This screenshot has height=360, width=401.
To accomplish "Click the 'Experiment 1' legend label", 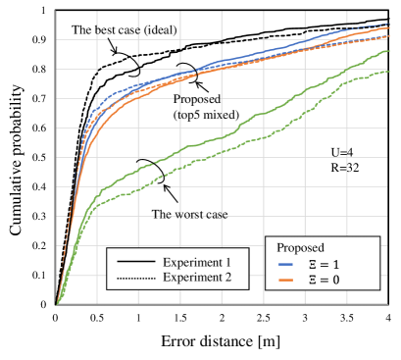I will pyautogui.click(x=197, y=263).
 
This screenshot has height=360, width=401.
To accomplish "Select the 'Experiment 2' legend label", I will pyautogui.click(x=197, y=278).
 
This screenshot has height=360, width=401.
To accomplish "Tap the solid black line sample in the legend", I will pyautogui.click(x=136, y=263).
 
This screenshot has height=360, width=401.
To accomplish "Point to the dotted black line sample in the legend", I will pyautogui.click(x=136, y=279).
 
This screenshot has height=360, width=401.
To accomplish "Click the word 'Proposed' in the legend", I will pyautogui.click(x=300, y=247).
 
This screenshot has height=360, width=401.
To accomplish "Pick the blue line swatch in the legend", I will pyautogui.click(x=286, y=265).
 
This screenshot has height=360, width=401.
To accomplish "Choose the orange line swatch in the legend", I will pyautogui.click(x=286, y=280).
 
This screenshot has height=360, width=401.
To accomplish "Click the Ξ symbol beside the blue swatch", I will pyautogui.click(x=313, y=265).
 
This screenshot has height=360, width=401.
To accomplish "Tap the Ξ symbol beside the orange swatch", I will pyautogui.click(x=313, y=280).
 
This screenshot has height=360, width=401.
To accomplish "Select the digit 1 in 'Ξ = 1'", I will pyautogui.click(x=336, y=265).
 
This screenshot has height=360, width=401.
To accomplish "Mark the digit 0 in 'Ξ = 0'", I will pyautogui.click(x=336, y=280).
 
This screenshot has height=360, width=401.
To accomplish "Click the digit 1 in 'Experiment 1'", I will pyautogui.click(x=227, y=263).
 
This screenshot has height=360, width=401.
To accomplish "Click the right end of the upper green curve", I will pyautogui.click(x=388, y=50).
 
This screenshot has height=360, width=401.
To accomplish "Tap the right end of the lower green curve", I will pyautogui.click(x=388, y=71).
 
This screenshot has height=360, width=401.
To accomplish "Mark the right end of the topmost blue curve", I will pyautogui.click(x=388, y=24).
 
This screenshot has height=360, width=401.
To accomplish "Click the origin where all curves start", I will pyautogui.click(x=57, y=304).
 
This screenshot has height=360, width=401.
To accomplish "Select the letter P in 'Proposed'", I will pyautogui.click(x=280, y=247).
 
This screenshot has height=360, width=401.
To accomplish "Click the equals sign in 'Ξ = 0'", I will pyautogui.click(x=325, y=280).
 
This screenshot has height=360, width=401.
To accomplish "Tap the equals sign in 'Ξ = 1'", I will pyautogui.click(x=325, y=265).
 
